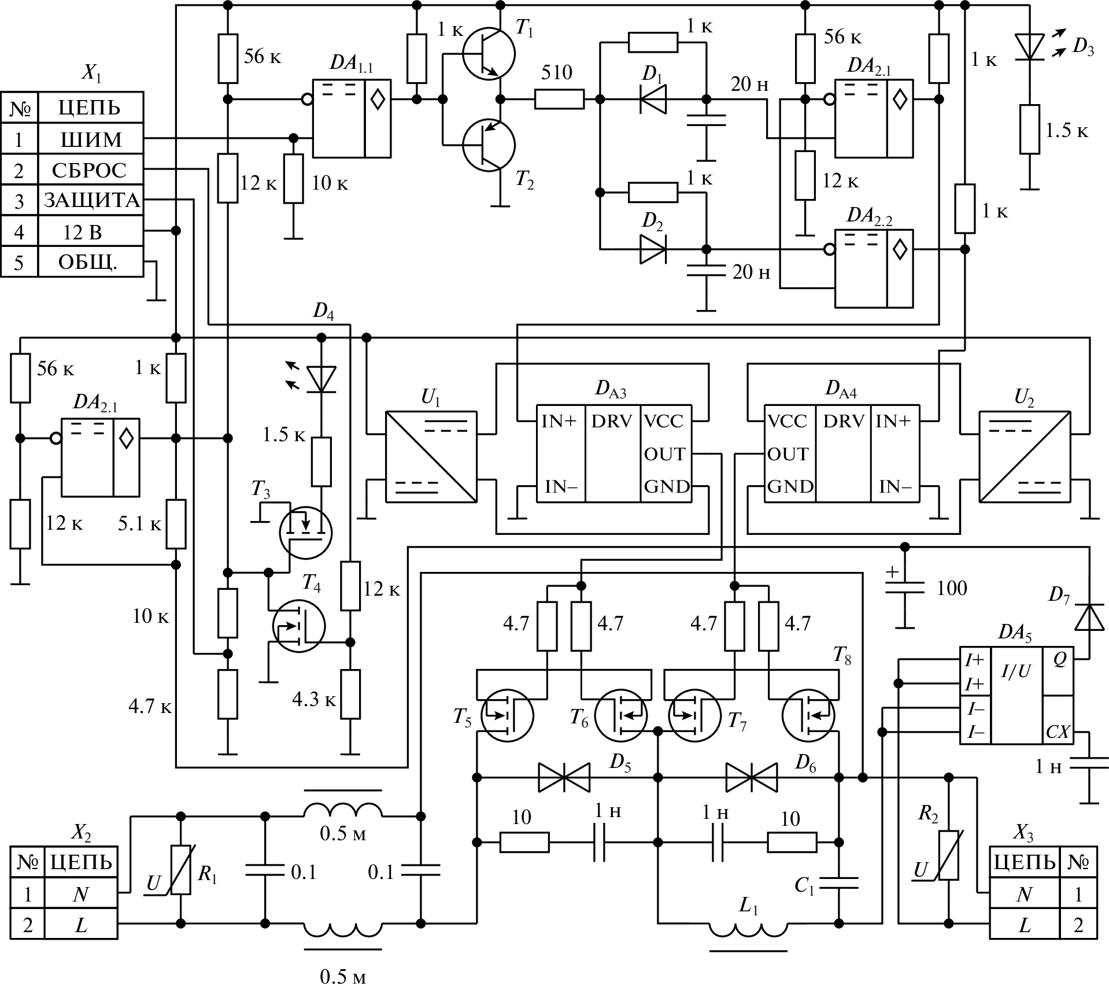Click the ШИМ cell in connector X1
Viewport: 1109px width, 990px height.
pyautogui.click(x=91, y=139)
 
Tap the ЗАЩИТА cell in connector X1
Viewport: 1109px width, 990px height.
pyautogui.click(x=91, y=201)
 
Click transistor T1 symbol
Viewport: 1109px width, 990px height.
pyautogui.click(x=489, y=53)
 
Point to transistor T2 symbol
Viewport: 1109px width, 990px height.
pyautogui.click(x=489, y=145)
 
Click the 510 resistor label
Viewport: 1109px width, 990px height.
pyautogui.click(x=557, y=72)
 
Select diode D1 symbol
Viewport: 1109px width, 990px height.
pyautogui.click(x=653, y=99)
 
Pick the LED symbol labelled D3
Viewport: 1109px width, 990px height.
pyautogui.click(x=1029, y=46)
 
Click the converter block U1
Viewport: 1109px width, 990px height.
pyautogui.click(x=431, y=456)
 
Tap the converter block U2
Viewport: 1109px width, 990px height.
pyautogui.click(x=1025, y=456)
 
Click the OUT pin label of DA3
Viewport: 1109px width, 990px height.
pyautogui.click(x=665, y=455)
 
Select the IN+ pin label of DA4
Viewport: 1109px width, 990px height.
pyautogui.click(x=893, y=421)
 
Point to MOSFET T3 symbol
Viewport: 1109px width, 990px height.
pyautogui.click(x=305, y=533)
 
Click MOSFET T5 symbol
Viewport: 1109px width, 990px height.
pyautogui.click(x=507, y=715)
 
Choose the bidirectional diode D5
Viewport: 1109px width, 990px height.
pyautogui.click(x=564, y=777)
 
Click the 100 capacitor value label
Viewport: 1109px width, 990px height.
pyautogui.click(x=952, y=588)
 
